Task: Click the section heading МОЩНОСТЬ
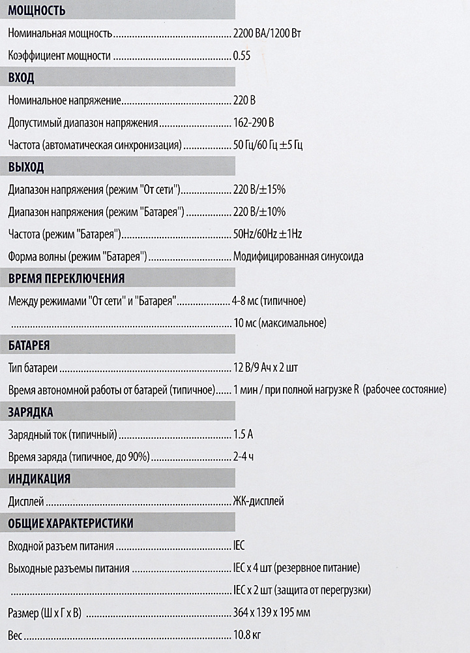37,11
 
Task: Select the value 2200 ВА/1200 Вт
266,33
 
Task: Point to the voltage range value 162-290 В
254,123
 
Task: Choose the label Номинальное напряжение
65,101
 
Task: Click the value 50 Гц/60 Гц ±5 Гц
267,145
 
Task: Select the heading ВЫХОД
26,167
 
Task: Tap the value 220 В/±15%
259,190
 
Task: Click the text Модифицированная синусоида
298,257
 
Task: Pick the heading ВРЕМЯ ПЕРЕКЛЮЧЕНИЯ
66,279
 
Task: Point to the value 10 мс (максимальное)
279,323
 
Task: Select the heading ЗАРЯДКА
31,413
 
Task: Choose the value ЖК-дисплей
258,502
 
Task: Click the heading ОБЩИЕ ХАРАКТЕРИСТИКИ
71,524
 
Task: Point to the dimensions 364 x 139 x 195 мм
271,613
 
